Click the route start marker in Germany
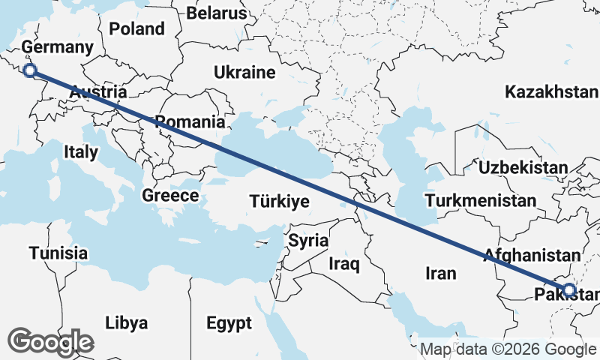click(30, 71)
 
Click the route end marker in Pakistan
click(568, 290)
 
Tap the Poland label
click(136, 29)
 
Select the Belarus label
click(216, 13)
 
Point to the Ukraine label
click(244, 73)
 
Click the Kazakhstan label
click(551, 92)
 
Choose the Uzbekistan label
click(522, 167)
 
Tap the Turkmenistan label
click(480, 201)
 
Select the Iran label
click(440, 274)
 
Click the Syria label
click(308, 241)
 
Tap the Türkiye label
click(279, 202)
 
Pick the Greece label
click(170, 196)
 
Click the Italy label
click(81, 151)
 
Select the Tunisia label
click(58, 253)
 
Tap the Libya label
click(126, 323)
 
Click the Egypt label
click(229, 323)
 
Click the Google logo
click(50, 341)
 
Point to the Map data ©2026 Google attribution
click(507, 349)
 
